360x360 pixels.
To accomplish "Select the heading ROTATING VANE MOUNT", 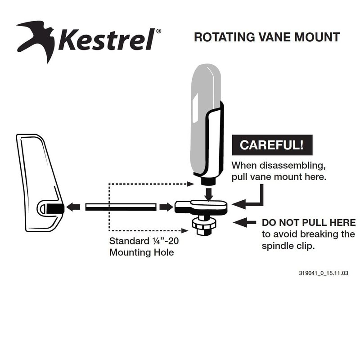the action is (x=267, y=37).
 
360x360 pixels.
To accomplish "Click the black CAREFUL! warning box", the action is (x=272, y=145).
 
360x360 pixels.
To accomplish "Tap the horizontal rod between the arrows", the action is (x=121, y=207).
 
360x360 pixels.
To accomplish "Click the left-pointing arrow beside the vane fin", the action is (x=73, y=207).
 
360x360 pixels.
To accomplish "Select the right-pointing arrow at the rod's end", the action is (x=166, y=207).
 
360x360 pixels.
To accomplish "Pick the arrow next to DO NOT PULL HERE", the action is (x=244, y=222).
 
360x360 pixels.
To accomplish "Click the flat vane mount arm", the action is (x=201, y=206).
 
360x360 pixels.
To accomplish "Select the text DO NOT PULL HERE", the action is (x=309, y=222).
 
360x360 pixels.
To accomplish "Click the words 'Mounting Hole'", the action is (x=142, y=252).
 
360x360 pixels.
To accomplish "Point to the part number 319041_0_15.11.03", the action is (x=324, y=273).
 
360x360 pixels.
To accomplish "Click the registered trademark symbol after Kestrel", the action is (x=158, y=31).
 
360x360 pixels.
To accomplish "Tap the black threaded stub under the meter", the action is (x=209, y=181).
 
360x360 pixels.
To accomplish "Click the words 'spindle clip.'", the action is (x=288, y=246).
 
